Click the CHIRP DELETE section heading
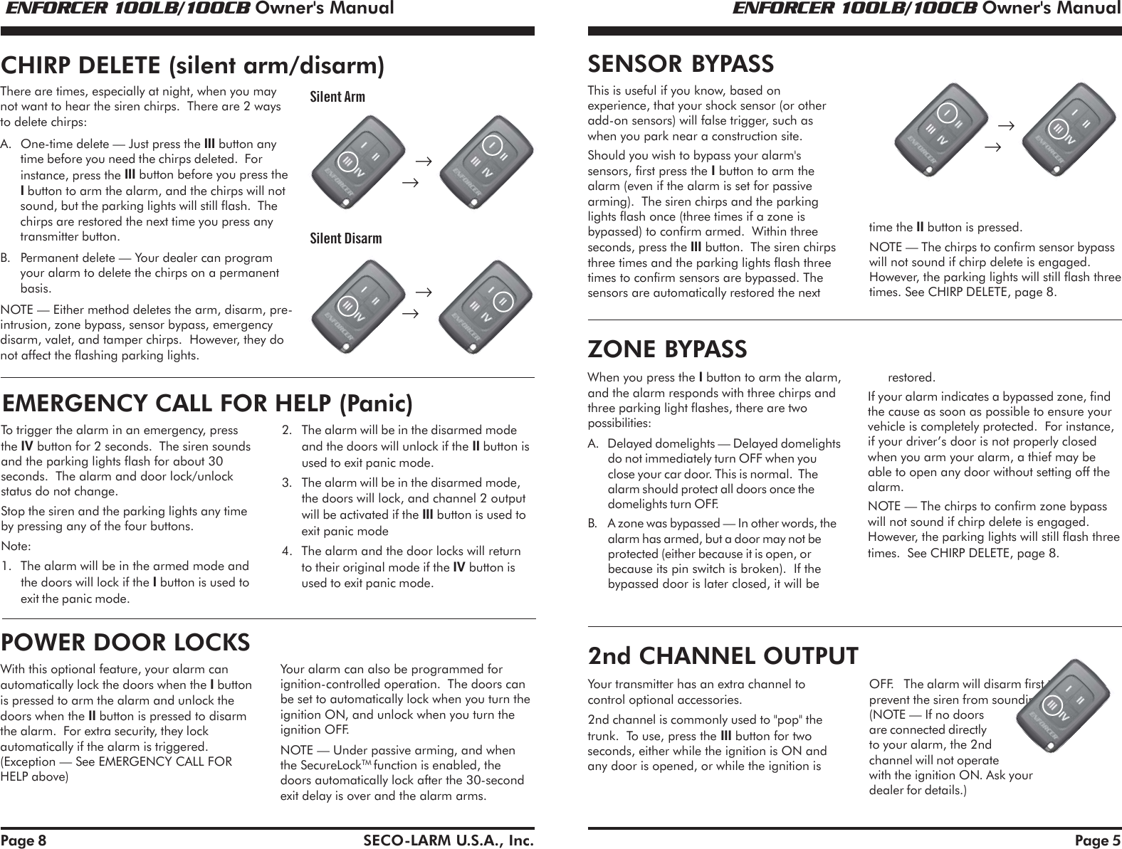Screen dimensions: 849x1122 193,65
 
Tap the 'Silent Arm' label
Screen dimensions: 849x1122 337,96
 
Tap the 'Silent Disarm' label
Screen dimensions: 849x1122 345,238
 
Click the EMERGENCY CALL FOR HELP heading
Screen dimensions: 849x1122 207,404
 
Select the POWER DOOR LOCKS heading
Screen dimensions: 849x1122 126,642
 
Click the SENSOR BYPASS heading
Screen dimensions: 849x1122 680,64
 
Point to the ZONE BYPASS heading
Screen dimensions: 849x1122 667,349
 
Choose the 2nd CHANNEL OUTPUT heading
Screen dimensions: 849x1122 723,654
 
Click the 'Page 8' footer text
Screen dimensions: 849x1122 23,840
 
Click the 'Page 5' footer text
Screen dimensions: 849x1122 1097,840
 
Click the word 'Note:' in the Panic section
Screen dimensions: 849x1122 17,547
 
